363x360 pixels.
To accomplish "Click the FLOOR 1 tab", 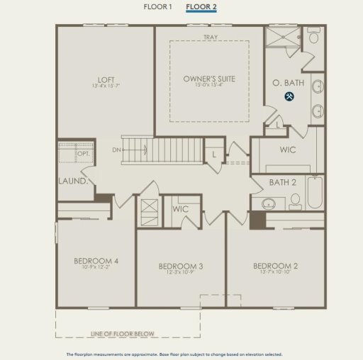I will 158,7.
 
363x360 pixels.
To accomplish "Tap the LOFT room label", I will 106,79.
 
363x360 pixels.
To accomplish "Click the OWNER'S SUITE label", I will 208,79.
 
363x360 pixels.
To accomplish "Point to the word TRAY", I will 210,37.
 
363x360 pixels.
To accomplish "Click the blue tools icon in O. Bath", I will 289,96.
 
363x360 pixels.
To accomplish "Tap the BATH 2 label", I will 282,183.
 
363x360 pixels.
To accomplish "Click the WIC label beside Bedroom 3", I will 180,209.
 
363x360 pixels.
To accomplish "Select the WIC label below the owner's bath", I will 288,150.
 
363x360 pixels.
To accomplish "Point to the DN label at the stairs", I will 116,150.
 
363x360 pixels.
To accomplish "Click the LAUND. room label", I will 73,181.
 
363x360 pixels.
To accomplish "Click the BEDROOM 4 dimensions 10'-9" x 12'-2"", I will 96,268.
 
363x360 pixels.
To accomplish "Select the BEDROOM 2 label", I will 275,266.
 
